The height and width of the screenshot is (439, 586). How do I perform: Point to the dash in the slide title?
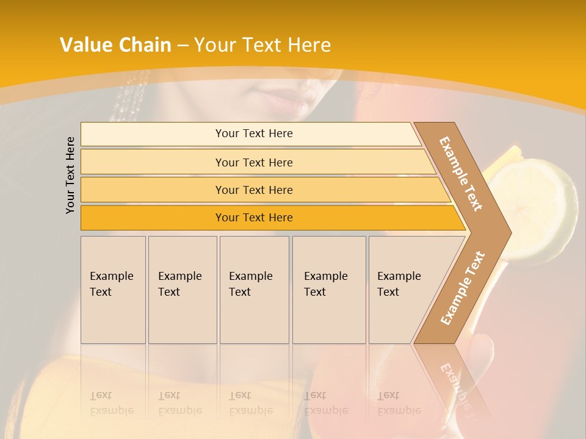[x=183, y=46]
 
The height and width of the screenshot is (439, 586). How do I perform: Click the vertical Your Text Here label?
[x=70, y=175]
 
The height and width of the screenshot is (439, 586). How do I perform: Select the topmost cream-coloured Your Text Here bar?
[x=254, y=134]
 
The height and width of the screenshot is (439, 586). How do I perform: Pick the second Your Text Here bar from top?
[x=254, y=162]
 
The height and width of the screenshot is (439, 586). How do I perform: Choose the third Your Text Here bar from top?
[x=254, y=190]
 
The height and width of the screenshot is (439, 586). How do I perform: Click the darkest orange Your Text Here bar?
[x=254, y=218]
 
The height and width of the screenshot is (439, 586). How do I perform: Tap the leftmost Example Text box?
[x=113, y=290]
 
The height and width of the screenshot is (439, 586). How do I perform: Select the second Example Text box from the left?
[x=183, y=290]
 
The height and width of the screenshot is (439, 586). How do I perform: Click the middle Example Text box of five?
[x=254, y=290]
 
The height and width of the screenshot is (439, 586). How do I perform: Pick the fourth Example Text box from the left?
[x=329, y=290]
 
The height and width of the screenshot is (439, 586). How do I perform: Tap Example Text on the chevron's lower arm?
[x=463, y=288]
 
